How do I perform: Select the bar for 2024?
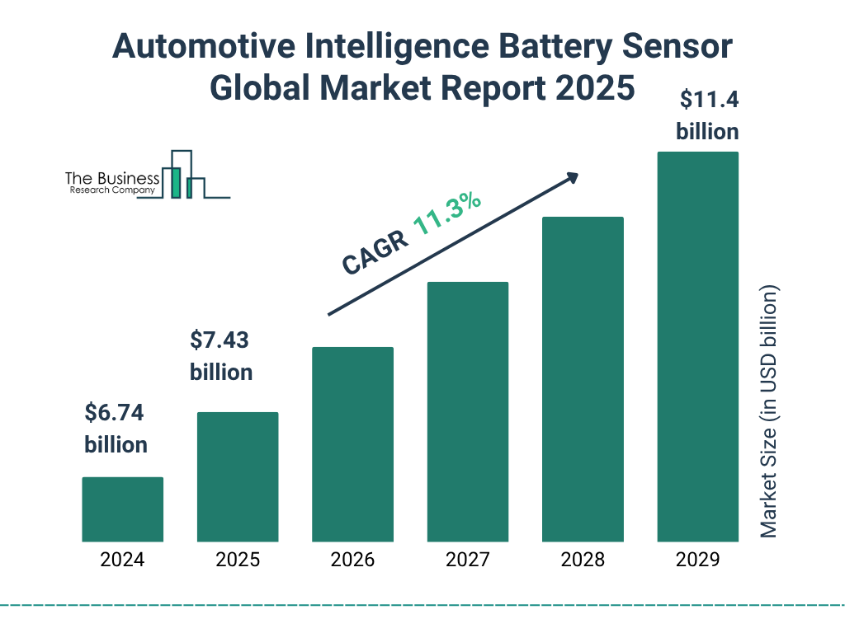coord(122,509)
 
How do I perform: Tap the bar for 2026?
coord(352,444)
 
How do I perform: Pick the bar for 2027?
coord(467,411)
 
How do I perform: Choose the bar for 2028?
coord(582,379)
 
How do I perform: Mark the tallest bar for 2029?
coord(697,346)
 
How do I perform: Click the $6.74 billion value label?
coord(116,428)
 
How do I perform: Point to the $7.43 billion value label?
coord(221,355)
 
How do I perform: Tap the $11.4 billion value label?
coord(707,115)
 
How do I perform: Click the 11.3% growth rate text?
coord(446,213)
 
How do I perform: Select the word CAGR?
coord(374,252)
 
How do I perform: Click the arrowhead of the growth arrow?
coord(571,177)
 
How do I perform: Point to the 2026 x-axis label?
coord(352,560)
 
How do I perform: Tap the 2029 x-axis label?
coord(697,560)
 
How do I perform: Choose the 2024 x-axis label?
coord(122,560)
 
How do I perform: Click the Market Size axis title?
coord(769,412)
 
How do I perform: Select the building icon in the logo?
coord(185,175)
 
